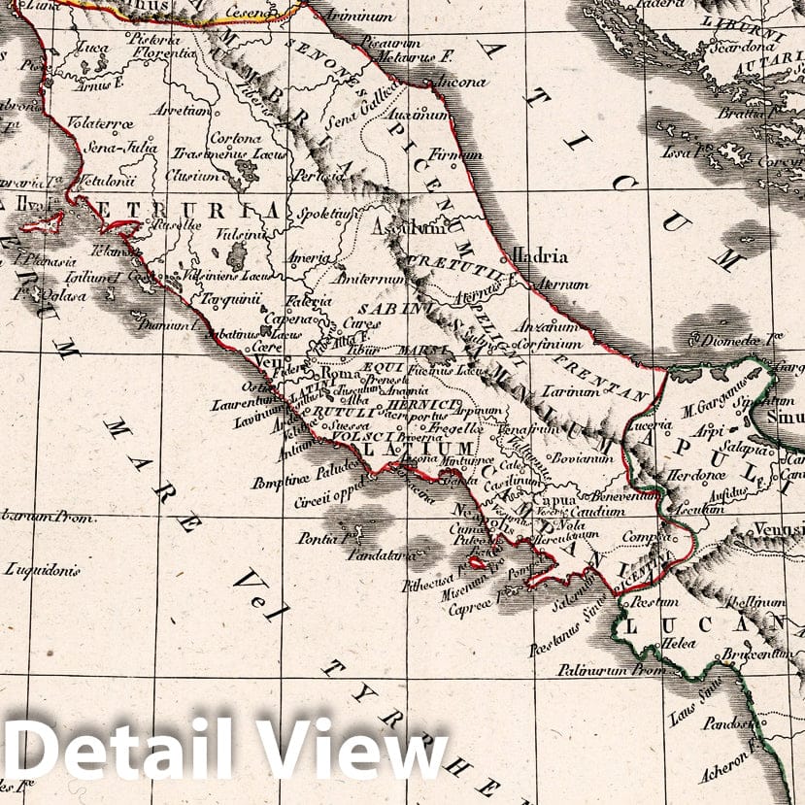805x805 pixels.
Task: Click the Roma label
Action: (340, 372)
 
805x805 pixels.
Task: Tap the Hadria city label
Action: (541, 256)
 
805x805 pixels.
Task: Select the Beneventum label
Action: (603, 495)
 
